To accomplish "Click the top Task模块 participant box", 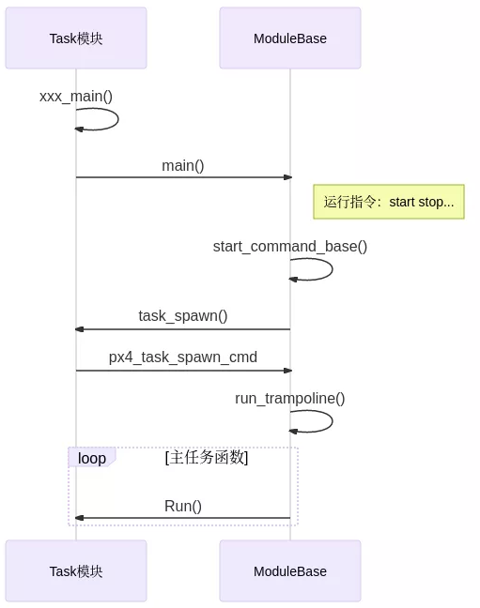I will pos(76,38).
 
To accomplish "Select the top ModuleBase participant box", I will pos(290,38).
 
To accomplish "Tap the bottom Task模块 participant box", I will pos(76,570).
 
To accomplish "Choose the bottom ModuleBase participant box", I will pos(290,570).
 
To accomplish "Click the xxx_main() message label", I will pos(76,96).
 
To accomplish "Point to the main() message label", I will pos(183,165).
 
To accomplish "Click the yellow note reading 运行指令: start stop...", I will pos(389,202).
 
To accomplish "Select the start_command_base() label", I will pos(290,246).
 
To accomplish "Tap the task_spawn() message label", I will pos(183,315).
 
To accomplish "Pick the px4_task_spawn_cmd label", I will pos(183,357).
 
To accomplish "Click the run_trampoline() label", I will pos(290,398).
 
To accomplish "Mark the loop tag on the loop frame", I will pos(91,458).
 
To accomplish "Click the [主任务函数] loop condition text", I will pos(207,458).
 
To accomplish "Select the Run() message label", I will pos(183,506).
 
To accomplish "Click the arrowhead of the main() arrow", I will pos(287,177).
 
